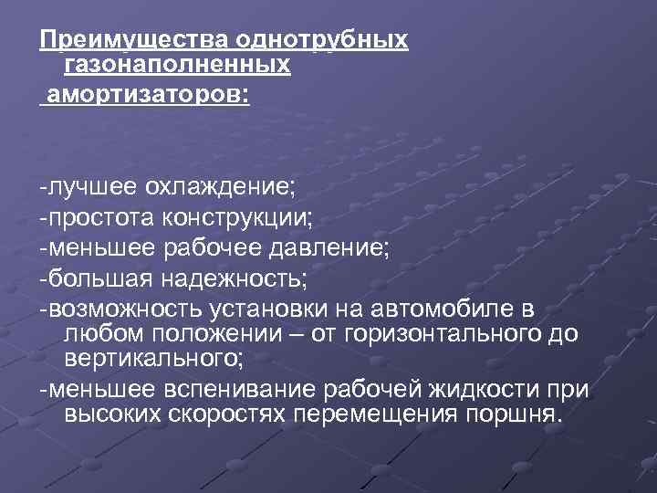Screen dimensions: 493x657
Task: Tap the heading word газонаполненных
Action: [x=178, y=67]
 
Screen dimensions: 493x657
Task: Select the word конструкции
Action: [x=238, y=218]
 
